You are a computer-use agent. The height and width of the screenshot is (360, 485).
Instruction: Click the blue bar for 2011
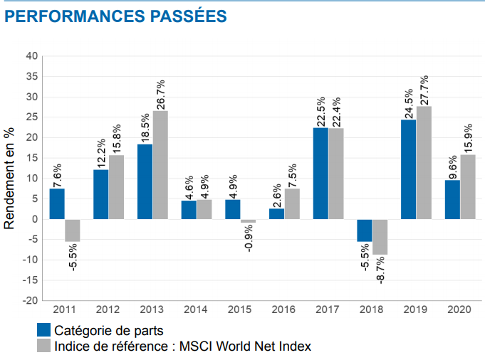point(57,203)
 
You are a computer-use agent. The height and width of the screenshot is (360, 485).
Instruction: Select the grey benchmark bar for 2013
point(160,165)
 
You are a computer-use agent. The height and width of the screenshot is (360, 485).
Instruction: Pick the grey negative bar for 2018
point(379,237)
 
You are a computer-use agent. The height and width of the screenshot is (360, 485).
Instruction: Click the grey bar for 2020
point(467,186)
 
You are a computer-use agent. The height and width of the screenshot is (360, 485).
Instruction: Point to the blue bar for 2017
point(320,173)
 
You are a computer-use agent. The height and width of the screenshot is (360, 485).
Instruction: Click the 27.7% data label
point(424,89)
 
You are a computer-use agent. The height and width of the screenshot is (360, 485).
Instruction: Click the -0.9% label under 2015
point(249,239)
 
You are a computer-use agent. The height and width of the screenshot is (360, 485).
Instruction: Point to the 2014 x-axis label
point(196,310)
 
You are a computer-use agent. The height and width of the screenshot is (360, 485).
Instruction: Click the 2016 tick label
point(283,310)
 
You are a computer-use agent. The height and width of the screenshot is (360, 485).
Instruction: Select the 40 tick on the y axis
point(31,56)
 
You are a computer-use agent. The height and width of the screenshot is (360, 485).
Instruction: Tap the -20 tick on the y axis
point(29,301)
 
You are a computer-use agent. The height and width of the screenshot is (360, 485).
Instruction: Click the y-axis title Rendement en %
point(9,178)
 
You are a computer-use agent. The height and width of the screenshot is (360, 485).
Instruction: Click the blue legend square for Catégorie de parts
point(43,330)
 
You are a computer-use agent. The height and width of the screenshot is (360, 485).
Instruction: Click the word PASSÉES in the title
point(192,15)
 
